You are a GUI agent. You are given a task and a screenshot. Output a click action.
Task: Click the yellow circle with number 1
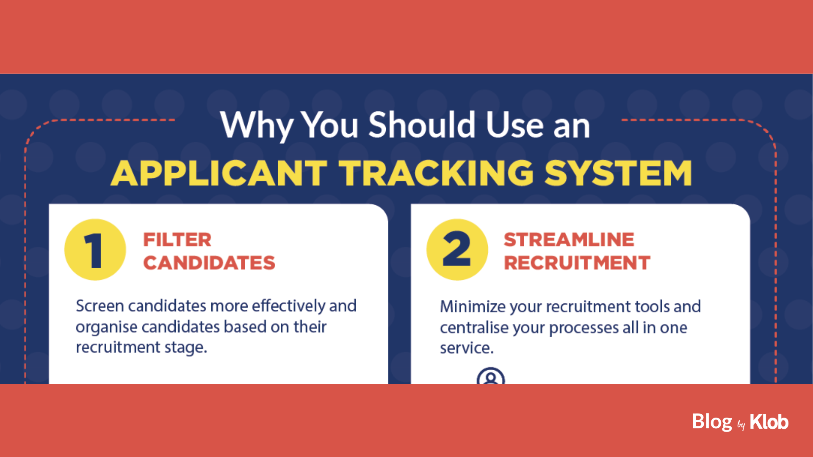tap(95, 250)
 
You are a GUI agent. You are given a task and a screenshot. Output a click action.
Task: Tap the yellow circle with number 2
tap(457, 250)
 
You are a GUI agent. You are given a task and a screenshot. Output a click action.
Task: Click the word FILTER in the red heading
tap(177, 240)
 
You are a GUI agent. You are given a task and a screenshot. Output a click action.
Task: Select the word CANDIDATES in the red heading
tap(209, 263)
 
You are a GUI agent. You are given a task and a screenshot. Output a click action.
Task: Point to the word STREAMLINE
tap(569, 240)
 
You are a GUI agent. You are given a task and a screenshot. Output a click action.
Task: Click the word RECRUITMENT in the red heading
tap(577, 263)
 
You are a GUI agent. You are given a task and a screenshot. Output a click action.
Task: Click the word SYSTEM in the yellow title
tap(618, 173)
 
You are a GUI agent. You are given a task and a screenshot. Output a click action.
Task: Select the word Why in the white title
tap(257, 126)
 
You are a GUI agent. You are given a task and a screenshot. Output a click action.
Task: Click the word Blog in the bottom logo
tap(712, 422)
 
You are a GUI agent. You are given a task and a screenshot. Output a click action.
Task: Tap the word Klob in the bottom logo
tap(769, 422)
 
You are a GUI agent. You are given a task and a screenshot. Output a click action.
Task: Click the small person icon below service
tap(491, 376)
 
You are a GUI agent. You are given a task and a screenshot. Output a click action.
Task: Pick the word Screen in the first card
tap(100, 306)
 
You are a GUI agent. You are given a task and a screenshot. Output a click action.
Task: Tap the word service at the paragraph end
tap(467, 348)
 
